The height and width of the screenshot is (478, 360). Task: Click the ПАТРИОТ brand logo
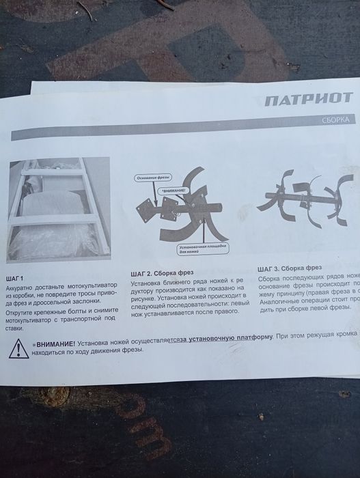click(x=309, y=99)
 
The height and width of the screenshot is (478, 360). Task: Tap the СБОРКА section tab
click(x=335, y=119)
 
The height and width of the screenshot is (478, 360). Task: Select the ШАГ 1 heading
click(x=14, y=278)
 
